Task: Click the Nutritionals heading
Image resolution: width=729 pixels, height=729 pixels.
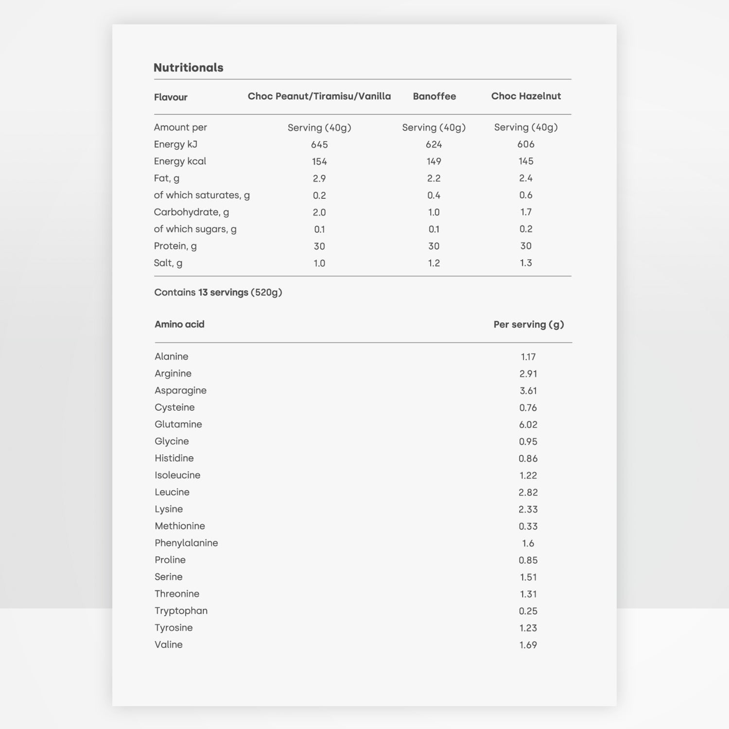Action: coord(188,68)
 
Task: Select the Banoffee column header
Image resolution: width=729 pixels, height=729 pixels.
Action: coord(434,96)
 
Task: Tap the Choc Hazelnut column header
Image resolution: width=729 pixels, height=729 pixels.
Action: coord(526,96)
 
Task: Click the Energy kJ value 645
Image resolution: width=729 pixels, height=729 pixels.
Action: coord(319,145)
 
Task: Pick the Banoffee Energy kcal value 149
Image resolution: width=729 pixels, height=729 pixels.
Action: coord(434,161)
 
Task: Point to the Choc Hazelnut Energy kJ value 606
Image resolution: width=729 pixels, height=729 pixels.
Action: coord(526,144)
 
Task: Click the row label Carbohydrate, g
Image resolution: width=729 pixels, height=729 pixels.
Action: coord(191,212)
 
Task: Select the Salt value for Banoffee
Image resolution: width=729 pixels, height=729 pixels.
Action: coord(434,263)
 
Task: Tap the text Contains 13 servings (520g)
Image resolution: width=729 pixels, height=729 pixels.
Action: coord(218,293)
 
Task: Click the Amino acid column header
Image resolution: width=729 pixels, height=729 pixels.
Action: coord(179,324)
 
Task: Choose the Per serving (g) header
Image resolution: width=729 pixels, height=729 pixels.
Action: coord(529,325)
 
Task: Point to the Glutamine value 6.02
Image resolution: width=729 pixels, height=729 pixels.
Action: coord(528,425)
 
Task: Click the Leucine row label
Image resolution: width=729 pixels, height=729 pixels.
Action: coord(172,492)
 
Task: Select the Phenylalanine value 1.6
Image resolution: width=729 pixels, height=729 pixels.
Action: coord(528,543)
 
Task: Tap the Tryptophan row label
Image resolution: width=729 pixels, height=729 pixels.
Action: coord(181,611)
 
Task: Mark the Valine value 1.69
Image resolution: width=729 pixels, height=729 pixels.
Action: coord(528,645)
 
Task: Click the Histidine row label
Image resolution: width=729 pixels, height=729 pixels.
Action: coord(174,458)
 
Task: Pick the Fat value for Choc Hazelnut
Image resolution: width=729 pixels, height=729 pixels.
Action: coord(526,178)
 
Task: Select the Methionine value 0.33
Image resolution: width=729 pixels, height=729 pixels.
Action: coord(528,526)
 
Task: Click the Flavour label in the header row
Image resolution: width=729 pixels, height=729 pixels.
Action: coord(171,97)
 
